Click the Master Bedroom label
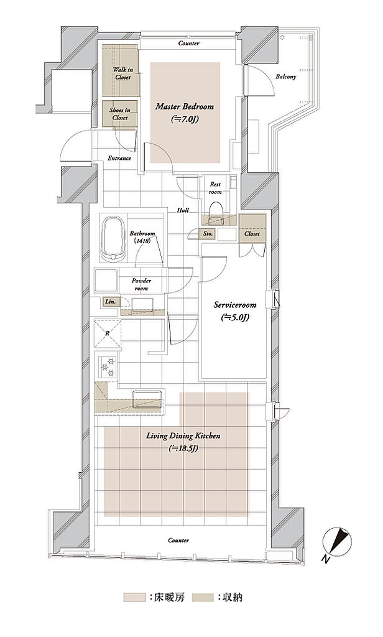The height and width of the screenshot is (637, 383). (x=185, y=107)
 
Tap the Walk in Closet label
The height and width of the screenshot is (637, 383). (x=122, y=73)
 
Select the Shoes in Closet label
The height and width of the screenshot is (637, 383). (x=119, y=114)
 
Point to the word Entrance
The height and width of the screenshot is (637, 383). (x=119, y=158)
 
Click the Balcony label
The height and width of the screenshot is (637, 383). (x=286, y=77)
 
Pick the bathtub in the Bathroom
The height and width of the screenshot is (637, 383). (x=113, y=239)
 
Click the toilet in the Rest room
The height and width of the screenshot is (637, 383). (x=216, y=213)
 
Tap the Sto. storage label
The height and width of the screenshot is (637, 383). (x=208, y=234)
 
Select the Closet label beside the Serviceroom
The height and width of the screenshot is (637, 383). (x=252, y=234)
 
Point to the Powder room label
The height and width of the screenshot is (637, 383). (x=141, y=284)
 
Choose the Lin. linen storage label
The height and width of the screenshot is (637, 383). (x=110, y=302)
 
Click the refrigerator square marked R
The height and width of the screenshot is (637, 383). (x=108, y=333)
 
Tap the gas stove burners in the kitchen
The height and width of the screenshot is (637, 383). (x=108, y=367)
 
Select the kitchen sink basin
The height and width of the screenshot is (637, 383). (x=147, y=398)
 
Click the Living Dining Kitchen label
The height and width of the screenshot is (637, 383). (x=183, y=436)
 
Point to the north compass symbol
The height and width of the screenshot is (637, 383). (x=337, y=542)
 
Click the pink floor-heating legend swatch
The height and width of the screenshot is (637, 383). (x=134, y=597)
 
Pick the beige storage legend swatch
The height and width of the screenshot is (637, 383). (x=203, y=597)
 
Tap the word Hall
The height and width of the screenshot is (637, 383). (x=183, y=210)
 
